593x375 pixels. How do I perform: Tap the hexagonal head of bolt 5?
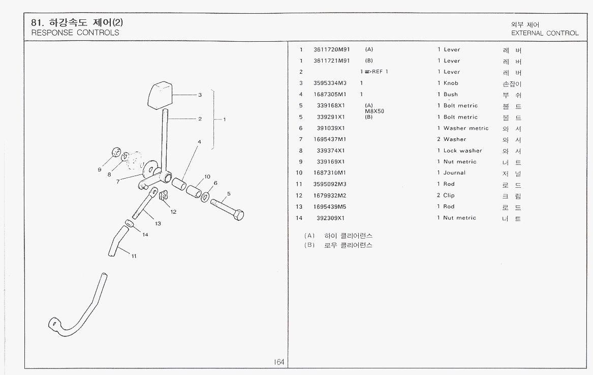pos(237,215)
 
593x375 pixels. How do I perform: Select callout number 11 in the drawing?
pos(134,256)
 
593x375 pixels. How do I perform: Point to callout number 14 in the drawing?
pos(145,235)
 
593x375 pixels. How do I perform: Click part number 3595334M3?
pos(330,83)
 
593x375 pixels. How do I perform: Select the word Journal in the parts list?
pos(454,172)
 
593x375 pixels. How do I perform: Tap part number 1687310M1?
pos(330,172)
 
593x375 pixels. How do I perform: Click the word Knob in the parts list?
pos(451,83)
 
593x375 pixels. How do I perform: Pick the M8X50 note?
pos(374,111)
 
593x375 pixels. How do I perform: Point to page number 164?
pos(279,362)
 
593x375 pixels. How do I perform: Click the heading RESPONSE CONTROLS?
pos(75,33)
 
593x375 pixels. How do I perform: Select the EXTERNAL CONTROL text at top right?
pos(545,33)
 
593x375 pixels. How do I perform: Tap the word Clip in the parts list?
pos(449,195)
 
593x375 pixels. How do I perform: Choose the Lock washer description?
pos(462,151)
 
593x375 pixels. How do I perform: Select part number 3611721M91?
pos(332,61)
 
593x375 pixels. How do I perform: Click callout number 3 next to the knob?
pos(200,95)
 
